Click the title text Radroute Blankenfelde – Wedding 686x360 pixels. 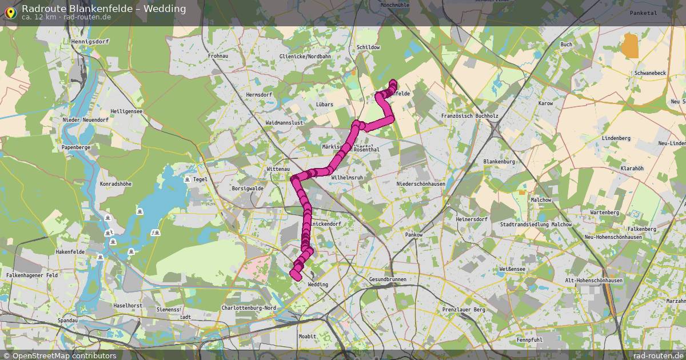click(x=103, y=8)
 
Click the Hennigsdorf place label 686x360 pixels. click(x=90, y=42)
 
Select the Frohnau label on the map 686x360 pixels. click(x=218, y=57)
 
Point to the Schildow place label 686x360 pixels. click(x=368, y=47)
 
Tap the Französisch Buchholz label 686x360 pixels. click(x=470, y=116)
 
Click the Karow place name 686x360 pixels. click(x=546, y=103)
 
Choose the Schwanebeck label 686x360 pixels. click(x=650, y=74)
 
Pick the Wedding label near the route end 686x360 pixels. click(x=318, y=284)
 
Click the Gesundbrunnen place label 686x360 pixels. click(x=388, y=279)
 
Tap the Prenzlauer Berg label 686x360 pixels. click(x=464, y=310)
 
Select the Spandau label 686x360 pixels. click(x=67, y=321)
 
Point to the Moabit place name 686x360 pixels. click(x=307, y=337)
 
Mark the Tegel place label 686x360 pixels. click(x=200, y=179)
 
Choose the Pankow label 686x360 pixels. click(x=413, y=235)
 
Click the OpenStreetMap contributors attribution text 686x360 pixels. click(x=63, y=355)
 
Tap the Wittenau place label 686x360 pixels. click(x=278, y=169)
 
